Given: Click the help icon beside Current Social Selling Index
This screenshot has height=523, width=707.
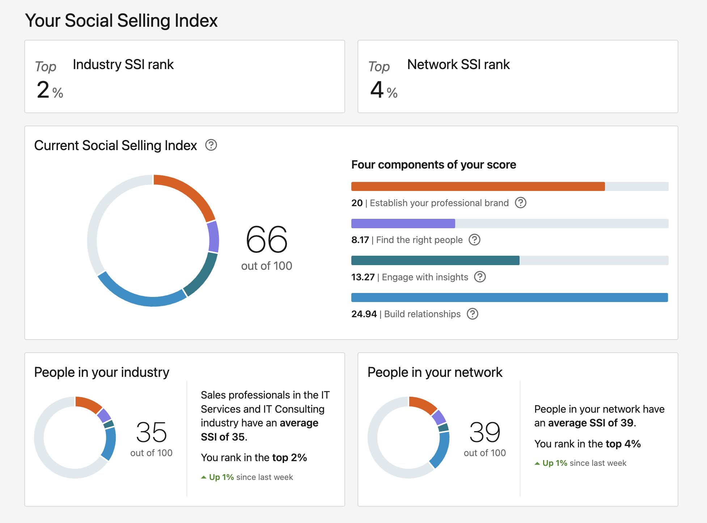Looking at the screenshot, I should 211,145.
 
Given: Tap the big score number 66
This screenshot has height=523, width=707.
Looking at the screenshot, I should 267,239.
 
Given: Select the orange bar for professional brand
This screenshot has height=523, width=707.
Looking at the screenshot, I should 478,187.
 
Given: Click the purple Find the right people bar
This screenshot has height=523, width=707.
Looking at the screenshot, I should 403,224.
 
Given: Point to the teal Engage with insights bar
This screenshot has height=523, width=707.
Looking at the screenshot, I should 435,260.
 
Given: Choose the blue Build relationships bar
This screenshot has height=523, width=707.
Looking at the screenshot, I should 509,297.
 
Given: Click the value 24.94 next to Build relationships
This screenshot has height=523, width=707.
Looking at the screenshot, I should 364,314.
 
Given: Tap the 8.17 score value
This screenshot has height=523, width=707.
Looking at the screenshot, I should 360,240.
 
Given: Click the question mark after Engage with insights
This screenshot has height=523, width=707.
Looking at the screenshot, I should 480,277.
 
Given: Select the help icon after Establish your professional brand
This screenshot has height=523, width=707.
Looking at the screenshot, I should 520,203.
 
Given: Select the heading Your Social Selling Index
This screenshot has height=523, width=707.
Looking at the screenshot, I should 121,20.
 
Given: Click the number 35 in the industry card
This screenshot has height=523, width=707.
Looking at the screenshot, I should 151,432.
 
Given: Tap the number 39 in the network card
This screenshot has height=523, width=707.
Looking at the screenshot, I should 484,432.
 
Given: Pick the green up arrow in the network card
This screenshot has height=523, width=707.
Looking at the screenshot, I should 537,463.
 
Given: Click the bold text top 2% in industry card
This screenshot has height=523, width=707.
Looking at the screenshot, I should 289,458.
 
